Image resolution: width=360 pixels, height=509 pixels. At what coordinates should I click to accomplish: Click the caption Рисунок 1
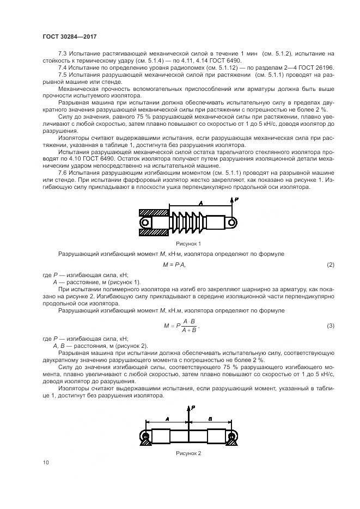tap(188, 243)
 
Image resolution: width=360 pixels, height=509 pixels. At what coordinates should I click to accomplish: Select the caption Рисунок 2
tap(188, 452)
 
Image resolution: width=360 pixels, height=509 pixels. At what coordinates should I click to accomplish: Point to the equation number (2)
tap(330, 265)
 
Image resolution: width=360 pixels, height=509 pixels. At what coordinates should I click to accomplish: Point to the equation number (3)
tap(330, 326)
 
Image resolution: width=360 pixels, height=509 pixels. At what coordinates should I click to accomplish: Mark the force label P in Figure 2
tap(193, 407)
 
